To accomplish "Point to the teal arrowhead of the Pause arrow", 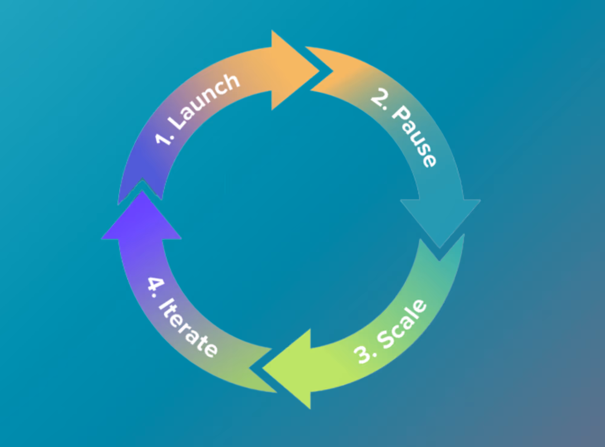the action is (x=440, y=221).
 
